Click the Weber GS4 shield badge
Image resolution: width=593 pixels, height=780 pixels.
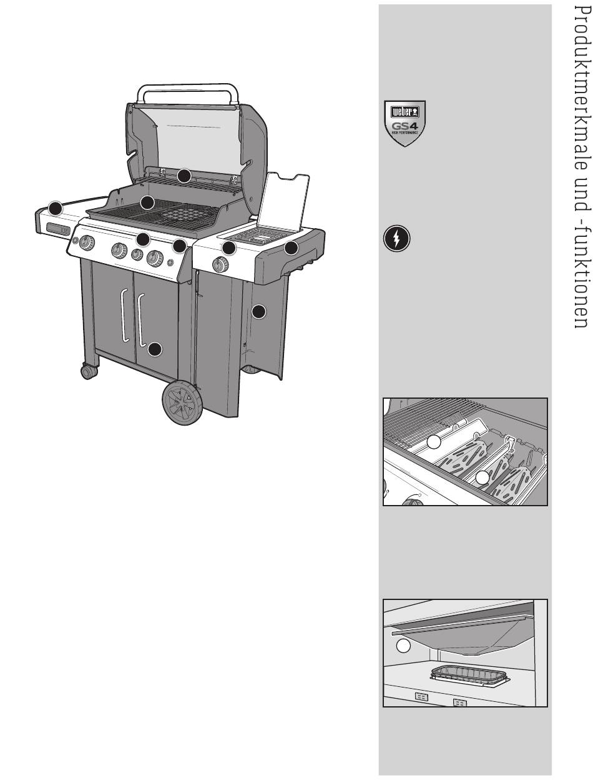[404, 123]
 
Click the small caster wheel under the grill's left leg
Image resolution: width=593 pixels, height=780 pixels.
[89, 372]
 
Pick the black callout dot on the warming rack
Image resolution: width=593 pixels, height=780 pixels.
[184, 176]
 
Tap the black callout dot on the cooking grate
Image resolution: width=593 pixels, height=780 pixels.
[147, 202]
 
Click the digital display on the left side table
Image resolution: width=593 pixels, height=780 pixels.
[58, 229]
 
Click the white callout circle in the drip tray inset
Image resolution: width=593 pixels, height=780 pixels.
[403, 646]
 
